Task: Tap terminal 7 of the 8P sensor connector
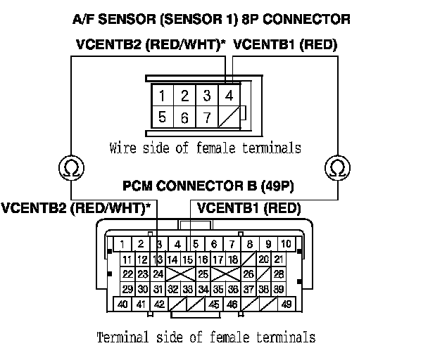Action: click(x=207, y=117)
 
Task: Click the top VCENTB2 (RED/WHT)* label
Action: click(x=151, y=44)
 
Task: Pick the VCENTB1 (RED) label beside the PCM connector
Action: click(x=248, y=208)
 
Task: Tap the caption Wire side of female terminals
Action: click(x=206, y=148)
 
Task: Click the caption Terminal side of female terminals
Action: click(x=206, y=337)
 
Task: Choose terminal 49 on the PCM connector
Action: click(x=287, y=304)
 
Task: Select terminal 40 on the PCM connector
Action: click(x=122, y=304)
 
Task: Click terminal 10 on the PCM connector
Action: click(x=287, y=245)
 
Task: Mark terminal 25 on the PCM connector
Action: click(x=202, y=274)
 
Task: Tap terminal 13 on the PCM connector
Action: click(x=158, y=259)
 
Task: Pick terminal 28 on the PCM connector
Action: click(x=279, y=274)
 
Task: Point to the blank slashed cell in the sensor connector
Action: click(x=229, y=117)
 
